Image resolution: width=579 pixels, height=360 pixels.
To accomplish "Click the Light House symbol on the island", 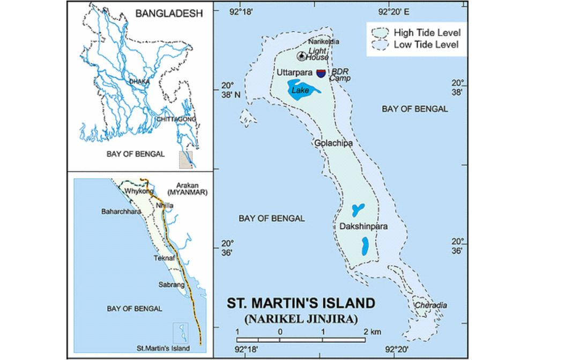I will (302, 56).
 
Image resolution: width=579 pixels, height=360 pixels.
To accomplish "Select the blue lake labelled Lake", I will (302, 90).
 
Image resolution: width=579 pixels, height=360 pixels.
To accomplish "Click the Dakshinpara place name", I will (363, 227).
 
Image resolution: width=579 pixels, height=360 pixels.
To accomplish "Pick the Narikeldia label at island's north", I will (324, 42).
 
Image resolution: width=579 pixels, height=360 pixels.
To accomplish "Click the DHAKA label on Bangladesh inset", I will (139, 82).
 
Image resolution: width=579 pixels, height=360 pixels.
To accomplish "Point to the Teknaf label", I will (164, 258).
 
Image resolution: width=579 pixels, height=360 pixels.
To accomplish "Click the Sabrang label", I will (170, 284).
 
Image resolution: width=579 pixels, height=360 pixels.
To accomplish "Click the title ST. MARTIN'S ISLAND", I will (301, 303).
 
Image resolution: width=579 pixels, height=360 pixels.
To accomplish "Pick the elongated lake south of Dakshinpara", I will (365, 246).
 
